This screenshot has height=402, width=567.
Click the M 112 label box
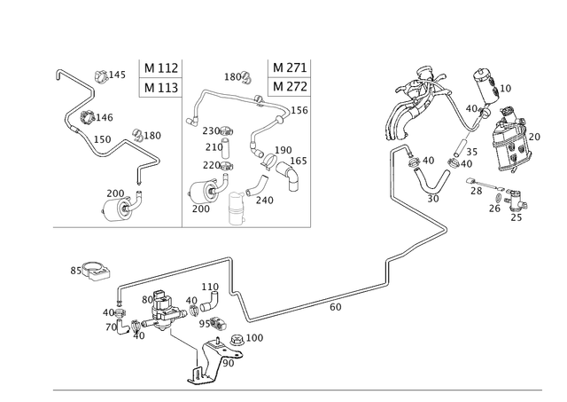161,68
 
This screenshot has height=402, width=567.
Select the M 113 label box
161,87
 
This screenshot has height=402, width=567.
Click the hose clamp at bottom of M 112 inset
119,204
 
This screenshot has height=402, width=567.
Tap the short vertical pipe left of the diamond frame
390,173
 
